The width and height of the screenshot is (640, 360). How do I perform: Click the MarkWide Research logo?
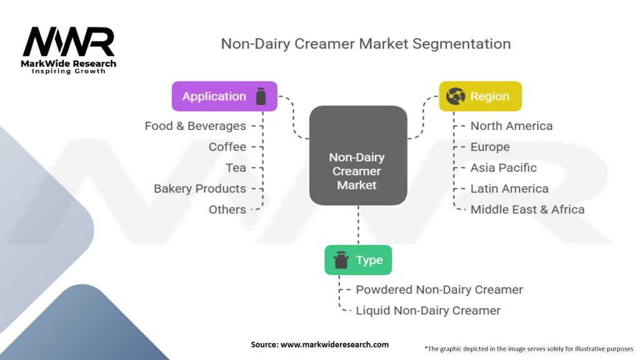69,49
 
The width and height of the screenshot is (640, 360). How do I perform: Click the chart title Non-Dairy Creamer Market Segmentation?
366,44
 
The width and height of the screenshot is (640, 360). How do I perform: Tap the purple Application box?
224,96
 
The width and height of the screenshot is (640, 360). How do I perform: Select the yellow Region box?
480,96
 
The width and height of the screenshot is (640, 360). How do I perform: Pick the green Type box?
358,260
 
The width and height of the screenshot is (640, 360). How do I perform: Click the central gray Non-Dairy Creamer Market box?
358,155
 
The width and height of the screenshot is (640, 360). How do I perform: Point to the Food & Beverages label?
195,126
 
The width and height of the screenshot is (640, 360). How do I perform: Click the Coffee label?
227,147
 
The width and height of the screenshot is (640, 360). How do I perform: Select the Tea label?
236,167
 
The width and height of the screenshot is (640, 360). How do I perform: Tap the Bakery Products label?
200,188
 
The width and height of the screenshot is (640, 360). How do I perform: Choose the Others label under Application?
227,209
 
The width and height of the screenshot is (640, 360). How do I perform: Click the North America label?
511,126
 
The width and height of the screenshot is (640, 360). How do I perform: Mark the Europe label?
490,147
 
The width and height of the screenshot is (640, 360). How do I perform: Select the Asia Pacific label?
503,167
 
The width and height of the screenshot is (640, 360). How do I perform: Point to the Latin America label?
509,188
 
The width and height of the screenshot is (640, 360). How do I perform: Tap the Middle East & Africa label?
527,209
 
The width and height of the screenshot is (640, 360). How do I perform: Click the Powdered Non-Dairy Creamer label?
439,289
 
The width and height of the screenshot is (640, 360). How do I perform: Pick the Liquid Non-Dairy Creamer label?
428,310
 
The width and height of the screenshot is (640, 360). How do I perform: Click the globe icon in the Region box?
455,96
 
